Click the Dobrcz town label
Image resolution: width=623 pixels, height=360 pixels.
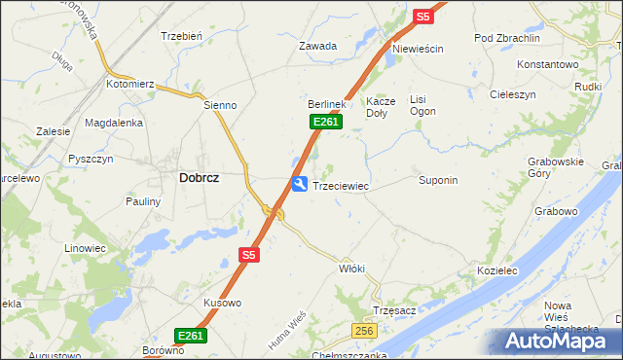(x=199, y=178)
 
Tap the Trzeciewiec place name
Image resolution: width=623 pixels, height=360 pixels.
(x=340, y=185)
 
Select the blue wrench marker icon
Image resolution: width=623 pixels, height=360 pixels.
(x=300, y=184)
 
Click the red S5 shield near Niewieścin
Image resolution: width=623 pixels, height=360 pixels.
(x=422, y=17)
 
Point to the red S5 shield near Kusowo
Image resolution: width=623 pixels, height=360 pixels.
(x=248, y=255)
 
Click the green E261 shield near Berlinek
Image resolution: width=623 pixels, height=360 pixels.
(x=325, y=122)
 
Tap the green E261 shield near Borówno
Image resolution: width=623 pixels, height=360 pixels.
(x=191, y=336)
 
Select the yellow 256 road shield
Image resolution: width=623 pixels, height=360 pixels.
(x=364, y=332)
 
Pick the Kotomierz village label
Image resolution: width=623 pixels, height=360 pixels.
(x=131, y=85)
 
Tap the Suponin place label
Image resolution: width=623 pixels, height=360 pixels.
(x=438, y=181)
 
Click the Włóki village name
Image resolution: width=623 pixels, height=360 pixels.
(x=351, y=268)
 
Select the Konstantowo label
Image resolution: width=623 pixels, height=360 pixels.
(x=548, y=64)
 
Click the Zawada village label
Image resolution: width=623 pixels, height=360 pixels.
(x=317, y=46)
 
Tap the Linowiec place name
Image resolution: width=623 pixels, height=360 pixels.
(x=85, y=248)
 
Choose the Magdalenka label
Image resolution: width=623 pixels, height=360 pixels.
(x=114, y=123)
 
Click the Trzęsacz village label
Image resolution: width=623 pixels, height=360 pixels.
(x=395, y=310)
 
